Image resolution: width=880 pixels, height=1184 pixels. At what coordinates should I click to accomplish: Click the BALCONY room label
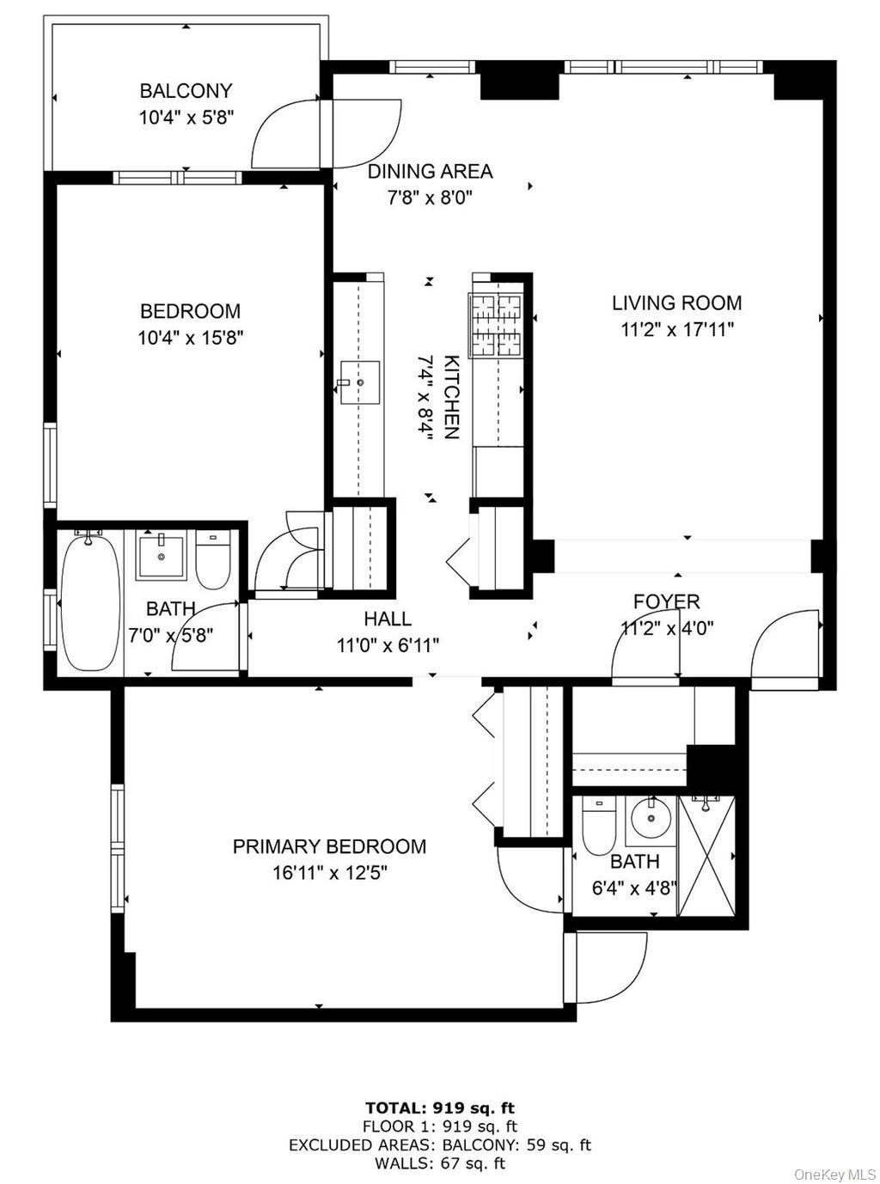(x=186, y=90)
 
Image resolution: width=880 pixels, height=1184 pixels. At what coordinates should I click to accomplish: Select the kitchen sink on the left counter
(x=360, y=381)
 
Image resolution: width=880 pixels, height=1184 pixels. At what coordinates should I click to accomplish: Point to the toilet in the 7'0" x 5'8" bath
(x=213, y=559)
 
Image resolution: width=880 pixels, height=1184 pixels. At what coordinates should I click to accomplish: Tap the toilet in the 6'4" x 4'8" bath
(x=599, y=824)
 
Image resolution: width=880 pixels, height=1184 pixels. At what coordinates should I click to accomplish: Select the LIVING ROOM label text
(x=676, y=302)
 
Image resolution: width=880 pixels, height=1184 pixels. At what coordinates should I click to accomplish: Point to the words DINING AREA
(x=430, y=171)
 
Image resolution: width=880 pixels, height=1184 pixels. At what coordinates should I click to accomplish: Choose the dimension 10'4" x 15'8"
(x=191, y=338)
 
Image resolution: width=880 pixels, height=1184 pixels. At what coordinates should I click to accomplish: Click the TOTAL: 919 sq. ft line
(x=440, y=1108)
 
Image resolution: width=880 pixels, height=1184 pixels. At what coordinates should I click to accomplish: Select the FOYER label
(x=667, y=601)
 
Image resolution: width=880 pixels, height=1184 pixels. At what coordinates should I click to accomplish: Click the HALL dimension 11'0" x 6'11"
(x=388, y=644)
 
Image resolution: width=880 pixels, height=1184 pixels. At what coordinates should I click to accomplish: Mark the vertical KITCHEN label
(x=450, y=397)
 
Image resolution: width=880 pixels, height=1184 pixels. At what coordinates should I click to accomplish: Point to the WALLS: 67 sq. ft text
(x=440, y=1163)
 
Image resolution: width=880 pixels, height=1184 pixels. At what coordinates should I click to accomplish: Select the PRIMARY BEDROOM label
(x=329, y=846)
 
